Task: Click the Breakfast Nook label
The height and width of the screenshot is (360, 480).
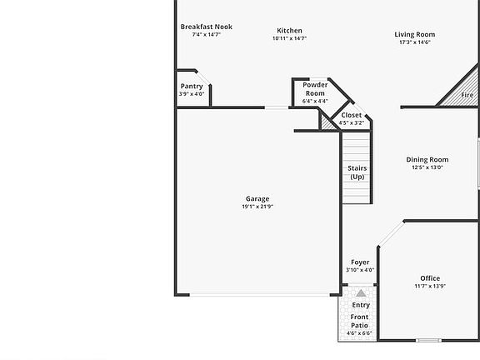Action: [206, 27]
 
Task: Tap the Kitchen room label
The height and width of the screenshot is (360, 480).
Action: [289, 31]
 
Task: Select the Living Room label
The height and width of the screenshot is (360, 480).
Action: [415, 34]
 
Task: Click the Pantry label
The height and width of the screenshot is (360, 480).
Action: [192, 87]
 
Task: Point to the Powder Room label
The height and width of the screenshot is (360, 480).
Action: [314, 89]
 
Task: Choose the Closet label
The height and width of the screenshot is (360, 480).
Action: [352, 116]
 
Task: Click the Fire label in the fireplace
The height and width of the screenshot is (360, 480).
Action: [467, 96]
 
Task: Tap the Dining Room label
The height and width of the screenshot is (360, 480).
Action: [427, 160]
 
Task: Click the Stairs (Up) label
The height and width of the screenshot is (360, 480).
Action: [357, 172]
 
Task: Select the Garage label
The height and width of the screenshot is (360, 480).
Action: [257, 199]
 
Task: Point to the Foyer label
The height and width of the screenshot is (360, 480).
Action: [360, 262]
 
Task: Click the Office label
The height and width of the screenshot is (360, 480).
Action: [430, 278]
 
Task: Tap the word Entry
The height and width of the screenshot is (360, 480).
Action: [360, 305]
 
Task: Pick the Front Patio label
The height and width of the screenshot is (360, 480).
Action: [359, 321]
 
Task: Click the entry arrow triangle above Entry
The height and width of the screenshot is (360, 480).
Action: [360, 293]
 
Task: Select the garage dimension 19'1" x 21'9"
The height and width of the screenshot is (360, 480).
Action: [257, 207]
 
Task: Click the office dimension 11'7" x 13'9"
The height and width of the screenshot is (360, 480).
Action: [430, 287]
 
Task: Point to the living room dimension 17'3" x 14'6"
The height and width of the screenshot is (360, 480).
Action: [415, 42]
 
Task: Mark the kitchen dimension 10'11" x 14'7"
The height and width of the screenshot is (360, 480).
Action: [289, 38]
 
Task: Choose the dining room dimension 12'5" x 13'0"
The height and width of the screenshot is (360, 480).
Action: [427, 167]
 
